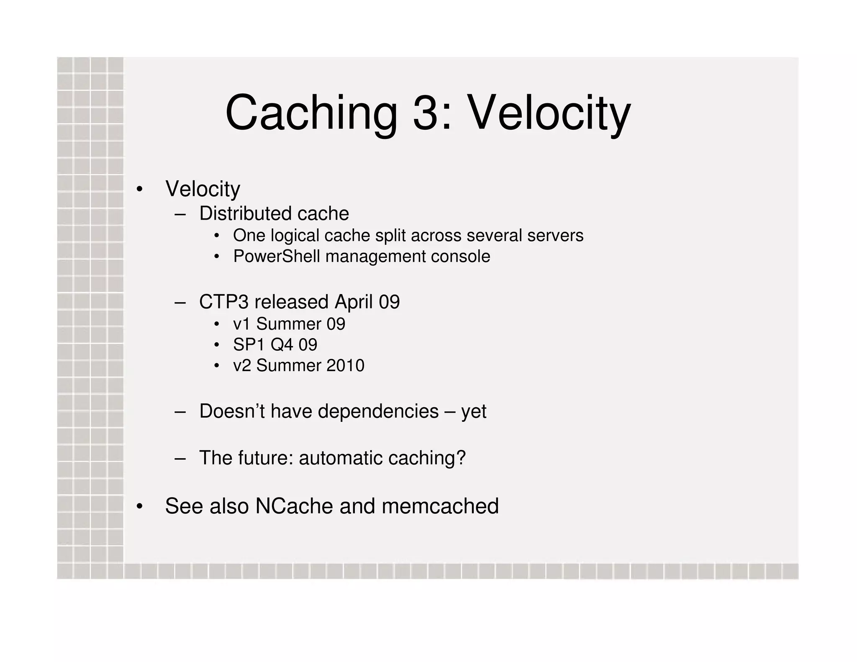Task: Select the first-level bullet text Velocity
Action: click(x=203, y=189)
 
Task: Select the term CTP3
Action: click(x=224, y=302)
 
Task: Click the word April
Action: click(x=354, y=302)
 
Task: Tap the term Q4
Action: click(x=282, y=345)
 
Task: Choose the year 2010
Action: click(x=345, y=366)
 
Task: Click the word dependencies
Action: click(x=378, y=411)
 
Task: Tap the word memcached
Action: click(x=440, y=506)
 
